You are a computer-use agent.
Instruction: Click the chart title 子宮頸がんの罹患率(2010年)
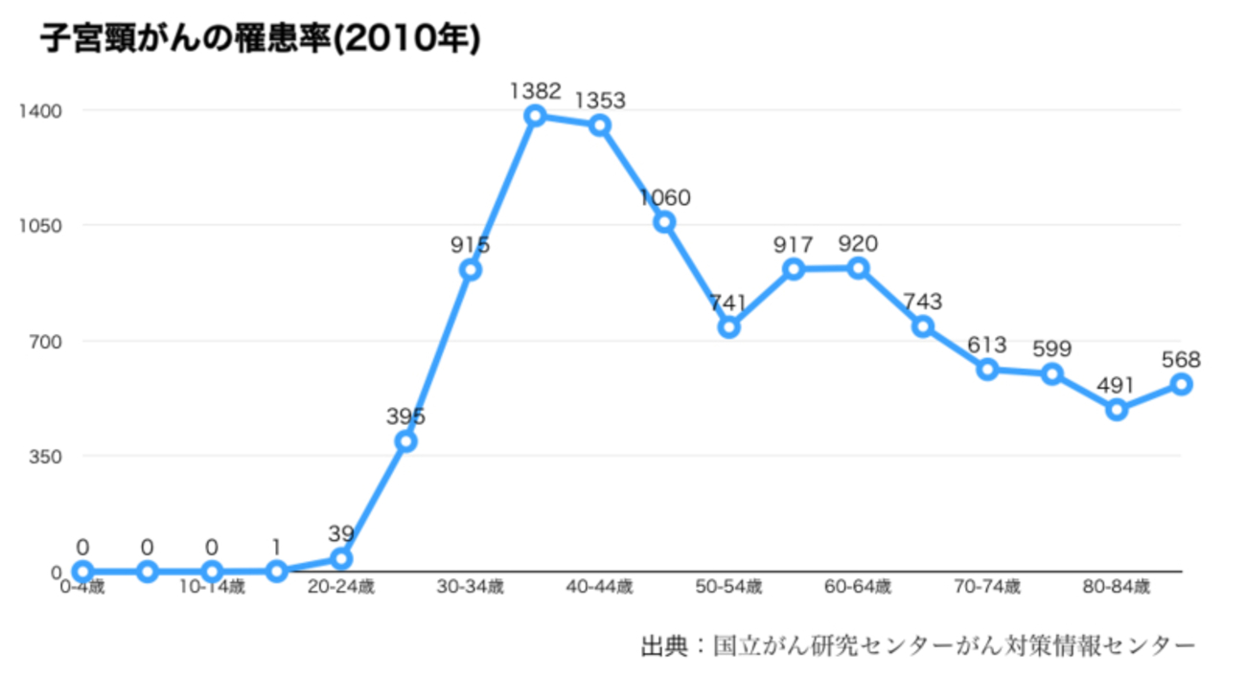pos(259,39)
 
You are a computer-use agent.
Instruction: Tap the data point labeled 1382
pos(535,116)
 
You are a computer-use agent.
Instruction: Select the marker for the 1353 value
pos(600,125)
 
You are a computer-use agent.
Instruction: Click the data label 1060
pos(664,198)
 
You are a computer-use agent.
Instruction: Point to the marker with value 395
pos(405,441)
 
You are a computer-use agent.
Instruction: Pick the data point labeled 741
pos(728,327)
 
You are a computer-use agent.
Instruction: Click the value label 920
pos(858,243)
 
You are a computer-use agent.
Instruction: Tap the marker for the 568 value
pos(1182,384)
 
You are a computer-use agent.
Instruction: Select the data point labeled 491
pos(1117,410)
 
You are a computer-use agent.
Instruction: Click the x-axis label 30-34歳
pos(470,587)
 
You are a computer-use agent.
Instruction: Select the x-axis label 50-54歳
pos(728,587)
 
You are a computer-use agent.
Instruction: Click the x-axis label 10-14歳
pos(212,587)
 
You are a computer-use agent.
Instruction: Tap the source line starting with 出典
pos(918,643)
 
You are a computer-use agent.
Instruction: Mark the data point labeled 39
pos(340,558)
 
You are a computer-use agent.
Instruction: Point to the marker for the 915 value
pos(470,270)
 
